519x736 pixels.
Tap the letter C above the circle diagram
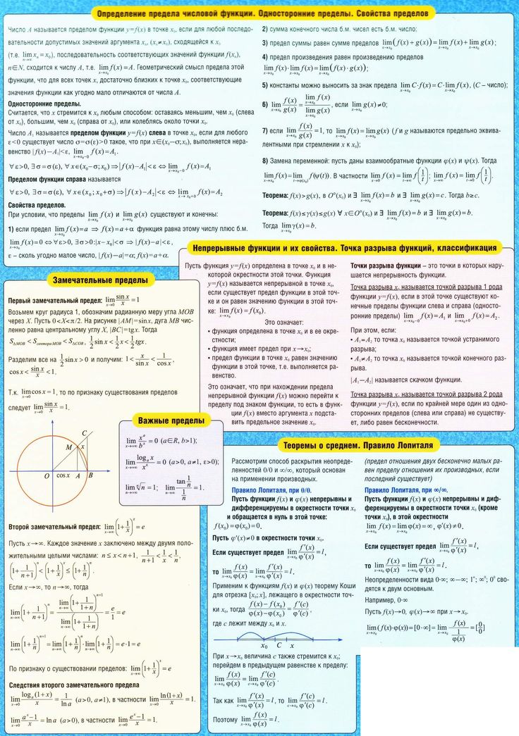click(x=85, y=433)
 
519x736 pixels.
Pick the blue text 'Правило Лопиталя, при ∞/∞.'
click(x=405, y=489)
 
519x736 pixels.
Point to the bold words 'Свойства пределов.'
click(x=37, y=204)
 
